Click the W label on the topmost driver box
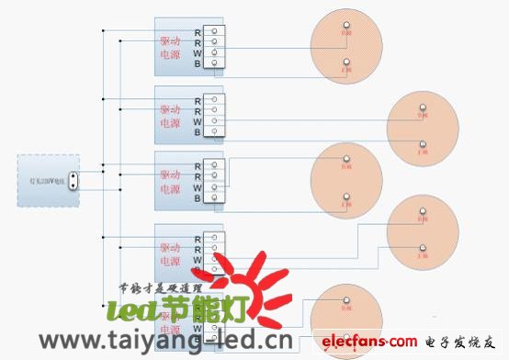pyautogui.click(x=198, y=52)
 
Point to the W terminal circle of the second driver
pyautogui.click(x=214, y=122)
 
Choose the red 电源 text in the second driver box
pyautogui.click(x=170, y=123)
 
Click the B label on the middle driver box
pyautogui.click(x=198, y=197)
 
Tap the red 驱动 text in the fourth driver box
pyautogui.click(x=170, y=247)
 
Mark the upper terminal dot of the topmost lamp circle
pyautogui.click(x=345, y=25)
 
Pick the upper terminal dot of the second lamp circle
pyautogui.click(x=423, y=108)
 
